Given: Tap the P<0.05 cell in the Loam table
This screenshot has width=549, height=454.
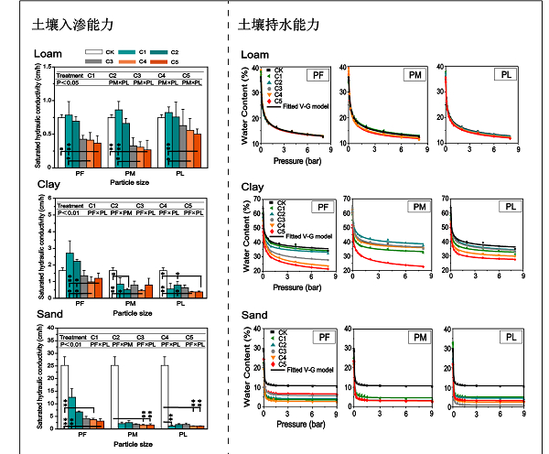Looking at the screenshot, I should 69,83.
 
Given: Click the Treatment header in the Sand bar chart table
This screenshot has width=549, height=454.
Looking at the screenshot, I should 71,338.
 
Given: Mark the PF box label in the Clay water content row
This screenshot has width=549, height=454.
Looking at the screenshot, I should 318,207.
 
